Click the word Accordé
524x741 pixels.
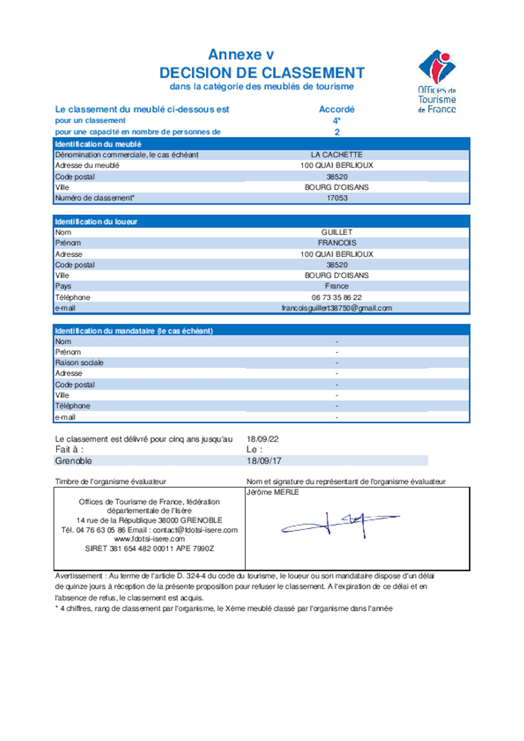pos(336,109)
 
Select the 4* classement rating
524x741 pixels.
pos(336,121)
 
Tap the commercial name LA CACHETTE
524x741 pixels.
pos(336,155)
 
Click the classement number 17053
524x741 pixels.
pos(337,198)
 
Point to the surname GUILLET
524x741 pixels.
pos(336,232)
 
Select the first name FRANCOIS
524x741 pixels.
pos(337,243)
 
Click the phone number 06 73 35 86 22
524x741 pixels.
pos(336,297)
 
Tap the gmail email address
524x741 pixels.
pos(337,308)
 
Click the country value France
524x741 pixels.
pos(336,286)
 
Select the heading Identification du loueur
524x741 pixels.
pos(96,222)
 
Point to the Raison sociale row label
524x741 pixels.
pos(79,363)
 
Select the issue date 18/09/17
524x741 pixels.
pos(264,461)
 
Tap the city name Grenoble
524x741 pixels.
pos(73,461)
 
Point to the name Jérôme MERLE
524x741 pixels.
pos(273,492)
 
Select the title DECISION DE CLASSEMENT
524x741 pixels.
pos(262,73)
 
